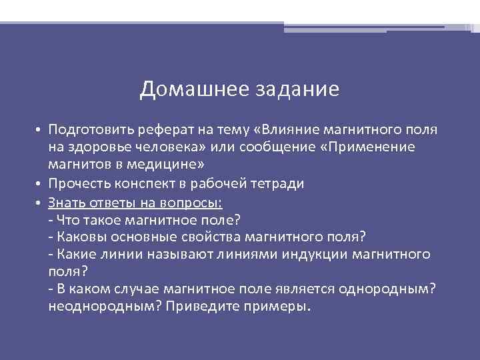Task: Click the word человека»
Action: pos(176,147)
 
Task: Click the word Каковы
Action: pos(80,237)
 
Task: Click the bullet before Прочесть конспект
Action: pos(40,184)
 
